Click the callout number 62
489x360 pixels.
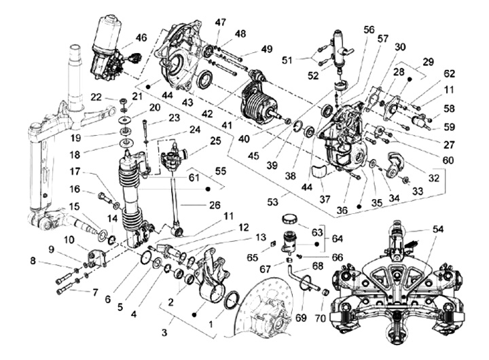click(x=449, y=73)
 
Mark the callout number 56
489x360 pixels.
click(x=369, y=30)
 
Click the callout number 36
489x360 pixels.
click(x=341, y=210)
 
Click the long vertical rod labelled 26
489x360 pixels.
click(x=176, y=197)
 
